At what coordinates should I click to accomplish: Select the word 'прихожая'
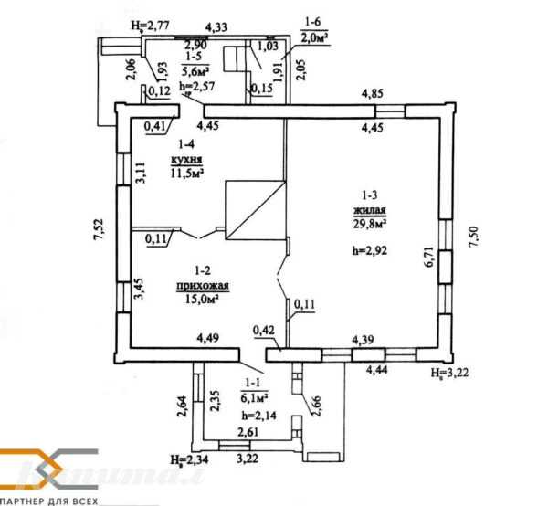tap(202, 285)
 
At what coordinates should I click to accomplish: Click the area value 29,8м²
tap(369, 222)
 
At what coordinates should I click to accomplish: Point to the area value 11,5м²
tap(186, 172)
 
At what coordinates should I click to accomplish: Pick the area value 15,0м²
tap(202, 298)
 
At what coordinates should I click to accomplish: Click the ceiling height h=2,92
tap(371, 248)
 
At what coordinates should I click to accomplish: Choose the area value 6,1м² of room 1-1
tap(254, 399)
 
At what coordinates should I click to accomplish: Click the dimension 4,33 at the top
tap(216, 28)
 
